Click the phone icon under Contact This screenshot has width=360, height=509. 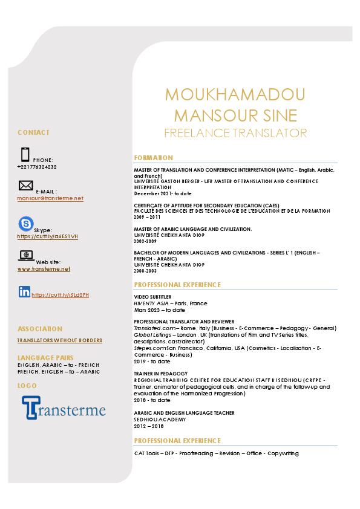point(25,155)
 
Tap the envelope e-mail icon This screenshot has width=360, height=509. point(26,186)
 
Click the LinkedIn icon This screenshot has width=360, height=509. point(25,292)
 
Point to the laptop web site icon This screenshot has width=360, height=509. point(27,256)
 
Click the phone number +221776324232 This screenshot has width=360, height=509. point(37,166)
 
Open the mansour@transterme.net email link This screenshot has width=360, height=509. point(50,198)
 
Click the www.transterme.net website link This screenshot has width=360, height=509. point(44,269)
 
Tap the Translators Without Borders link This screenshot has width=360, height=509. point(59,340)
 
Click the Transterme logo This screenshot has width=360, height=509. point(64,407)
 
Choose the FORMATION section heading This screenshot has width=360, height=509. point(153,158)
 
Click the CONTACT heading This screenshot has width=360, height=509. point(33,132)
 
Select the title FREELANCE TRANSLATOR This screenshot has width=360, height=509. point(235,133)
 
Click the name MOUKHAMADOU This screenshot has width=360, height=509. point(235,95)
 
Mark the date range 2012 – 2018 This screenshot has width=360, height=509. point(146,426)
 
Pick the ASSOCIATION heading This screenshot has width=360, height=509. point(39,329)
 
